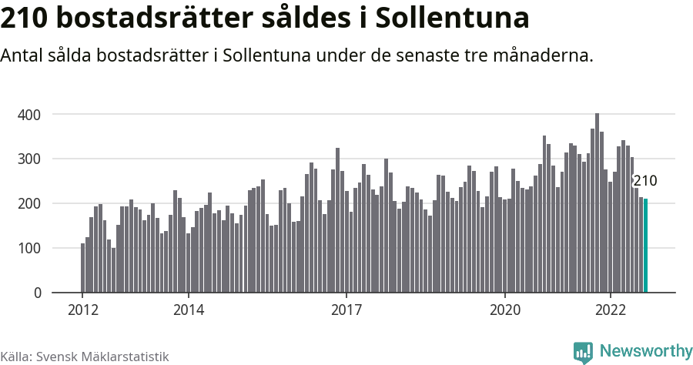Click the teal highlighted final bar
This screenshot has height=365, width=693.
pos(645,246)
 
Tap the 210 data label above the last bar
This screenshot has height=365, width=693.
pos(644,182)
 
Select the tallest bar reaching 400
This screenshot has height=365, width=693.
pos(597,203)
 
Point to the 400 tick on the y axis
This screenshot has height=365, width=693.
pos(29,115)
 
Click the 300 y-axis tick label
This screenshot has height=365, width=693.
pos(29,159)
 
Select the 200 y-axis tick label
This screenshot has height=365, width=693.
pos(29,204)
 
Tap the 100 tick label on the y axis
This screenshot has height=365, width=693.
pos(29,249)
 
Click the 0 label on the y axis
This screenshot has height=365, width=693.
pos(36,293)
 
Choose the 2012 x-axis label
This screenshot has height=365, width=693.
pos(83,310)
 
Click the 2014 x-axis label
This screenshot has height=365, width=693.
pos(189,310)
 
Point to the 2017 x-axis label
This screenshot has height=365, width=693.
pos(346,310)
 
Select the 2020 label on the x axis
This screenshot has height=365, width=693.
pos(505,310)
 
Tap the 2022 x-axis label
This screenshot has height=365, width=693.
pos(611,310)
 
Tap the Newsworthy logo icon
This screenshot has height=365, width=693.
pos(583,352)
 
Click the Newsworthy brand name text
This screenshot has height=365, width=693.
pos(645,352)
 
